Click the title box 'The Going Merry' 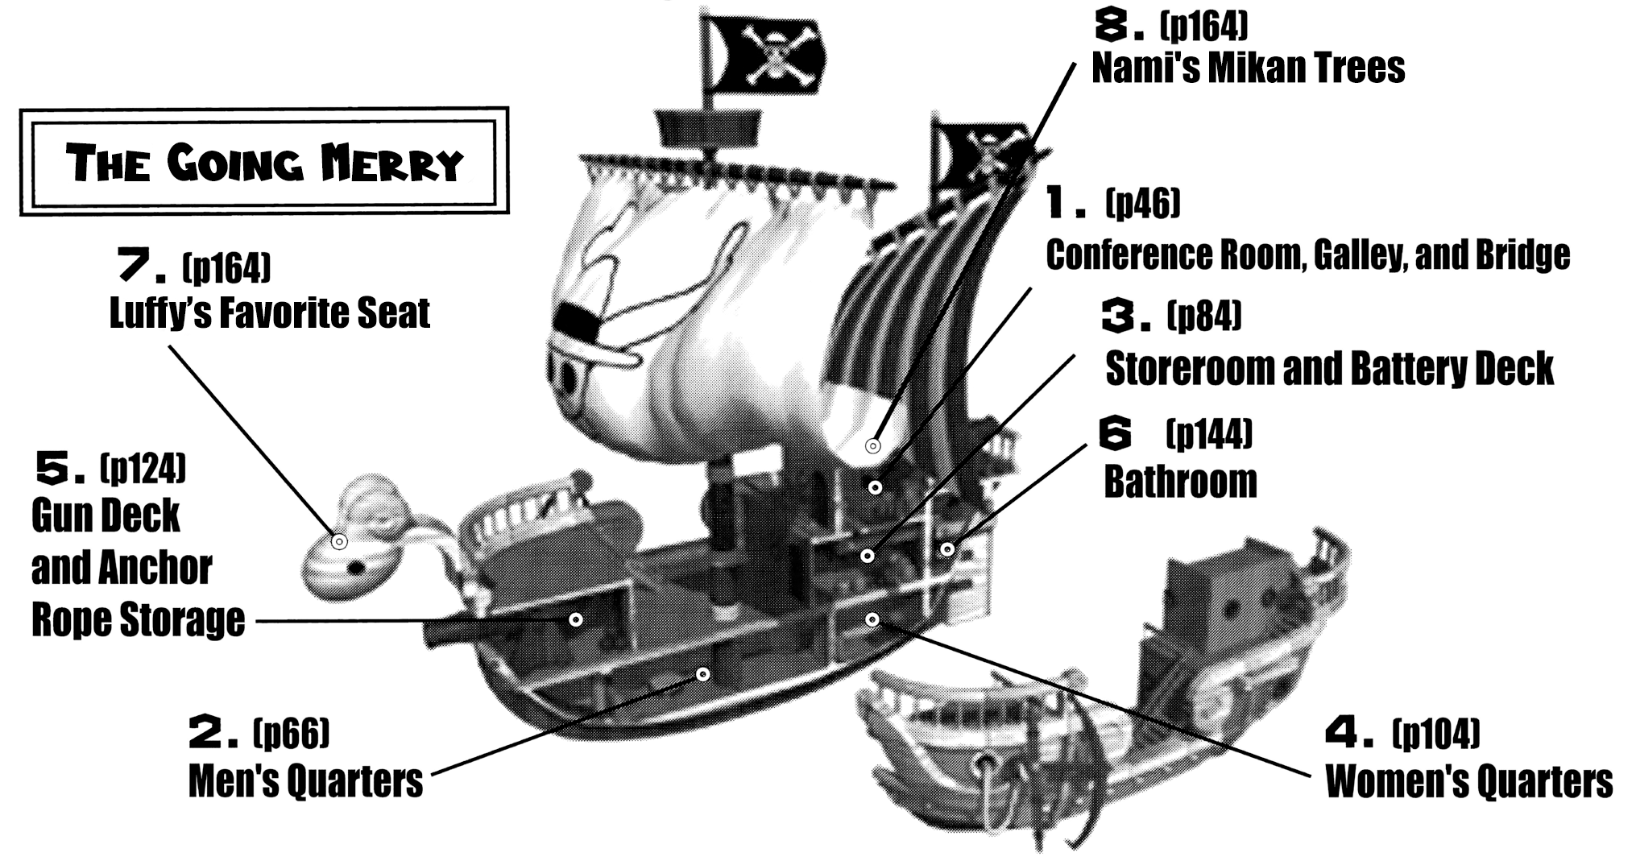click(x=264, y=162)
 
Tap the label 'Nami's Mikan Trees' click(x=1248, y=68)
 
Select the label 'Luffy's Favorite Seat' click(x=269, y=313)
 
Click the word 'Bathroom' click(x=1180, y=482)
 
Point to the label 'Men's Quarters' click(x=305, y=781)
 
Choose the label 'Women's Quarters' click(x=1468, y=781)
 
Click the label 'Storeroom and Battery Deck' click(x=1329, y=369)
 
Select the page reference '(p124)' click(x=143, y=468)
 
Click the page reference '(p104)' click(x=1435, y=732)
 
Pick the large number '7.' click(x=141, y=265)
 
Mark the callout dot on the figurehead click(x=339, y=542)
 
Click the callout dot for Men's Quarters click(x=703, y=673)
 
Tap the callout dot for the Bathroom click(x=947, y=549)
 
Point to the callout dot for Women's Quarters click(x=872, y=619)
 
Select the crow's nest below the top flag click(x=708, y=126)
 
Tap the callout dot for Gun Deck click(x=576, y=619)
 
